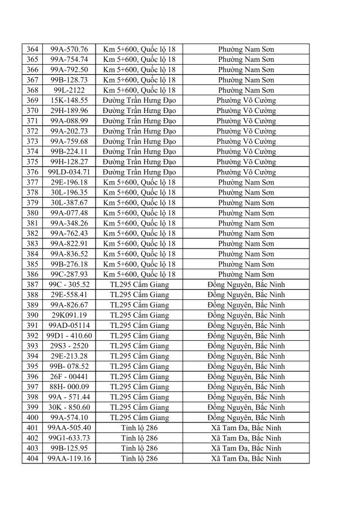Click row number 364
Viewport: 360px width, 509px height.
pyautogui.click(x=32, y=49)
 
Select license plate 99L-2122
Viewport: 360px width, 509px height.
pyautogui.click(x=69, y=90)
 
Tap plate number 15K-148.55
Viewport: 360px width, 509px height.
pyautogui.click(x=69, y=100)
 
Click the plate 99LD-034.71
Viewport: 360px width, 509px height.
pyautogui.click(x=69, y=172)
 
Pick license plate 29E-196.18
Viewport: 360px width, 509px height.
pyautogui.click(x=69, y=182)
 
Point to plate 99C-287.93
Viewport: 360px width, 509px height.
pyautogui.click(x=69, y=274)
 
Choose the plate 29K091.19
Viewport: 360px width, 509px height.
pyautogui.click(x=69, y=316)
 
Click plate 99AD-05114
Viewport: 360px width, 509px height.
pyautogui.click(x=69, y=326)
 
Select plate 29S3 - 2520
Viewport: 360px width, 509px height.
pyautogui.click(x=69, y=346)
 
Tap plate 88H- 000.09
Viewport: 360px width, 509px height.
pyautogui.click(x=69, y=387)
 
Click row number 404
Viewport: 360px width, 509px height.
pyautogui.click(x=32, y=458)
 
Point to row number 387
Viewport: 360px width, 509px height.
pyautogui.click(x=32, y=285)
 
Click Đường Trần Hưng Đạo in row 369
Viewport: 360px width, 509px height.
pyautogui.click(x=139, y=100)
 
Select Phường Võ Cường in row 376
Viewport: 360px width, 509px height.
pyautogui.click(x=246, y=172)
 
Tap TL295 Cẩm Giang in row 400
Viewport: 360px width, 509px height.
pyautogui.click(x=139, y=418)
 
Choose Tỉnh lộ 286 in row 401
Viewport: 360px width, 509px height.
pyautogui.click(x=139, y=428)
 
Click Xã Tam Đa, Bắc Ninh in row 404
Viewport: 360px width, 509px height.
pyautogui.click(x=246, y=458)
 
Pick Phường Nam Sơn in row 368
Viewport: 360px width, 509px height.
pyautogui.click(x=246, y=90)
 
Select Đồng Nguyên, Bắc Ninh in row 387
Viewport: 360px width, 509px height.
pyautogui.click(x=246, y=285)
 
